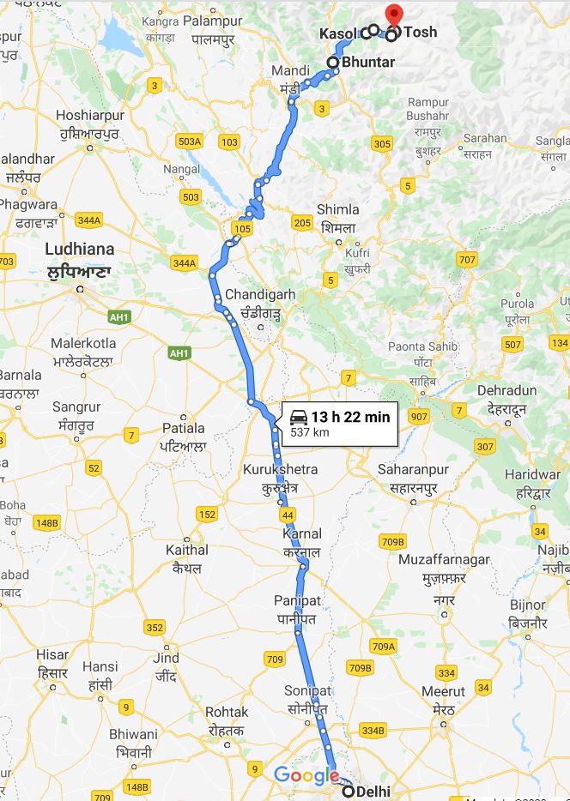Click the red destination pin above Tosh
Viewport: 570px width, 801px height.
pyautogui.click(x=394, y=15)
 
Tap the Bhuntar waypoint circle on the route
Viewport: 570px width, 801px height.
pyautogui.click(x=333, y=62)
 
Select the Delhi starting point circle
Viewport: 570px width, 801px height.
pyautogui.click(x=347, y=791)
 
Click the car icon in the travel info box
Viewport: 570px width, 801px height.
pyautogui.click(x=299, y=418)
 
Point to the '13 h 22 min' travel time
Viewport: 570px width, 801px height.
pyautogui.click(x=350, y=417)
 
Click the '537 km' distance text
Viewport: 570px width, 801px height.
pyautogui.click(x=310, y=433)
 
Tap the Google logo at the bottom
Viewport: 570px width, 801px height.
pyautogui.click(x=306, y=776)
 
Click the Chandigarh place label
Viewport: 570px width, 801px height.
pyautogui.click(x=259, y=294)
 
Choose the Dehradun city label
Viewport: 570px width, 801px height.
pyautogui.click(x=506, y=390)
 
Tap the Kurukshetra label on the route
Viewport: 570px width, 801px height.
pyautogui.click(x=280, y=470)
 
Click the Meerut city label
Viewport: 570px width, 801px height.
pyautogui.click(x=443, y=691)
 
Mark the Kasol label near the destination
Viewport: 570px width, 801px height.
pyautogui.click(x=338, y=33)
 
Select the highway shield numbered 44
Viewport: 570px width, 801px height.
pyautogui.click(x=287, y=515)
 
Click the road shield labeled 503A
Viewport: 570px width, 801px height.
pyautogui.click(x=189, y=141)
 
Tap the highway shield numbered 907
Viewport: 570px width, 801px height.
pyautogui.click(x=419, y=417)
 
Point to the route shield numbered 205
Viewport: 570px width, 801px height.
pyautogui.click(x=301, y=223)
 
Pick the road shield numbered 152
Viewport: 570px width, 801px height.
pyautogui.click(x=206, y=515)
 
